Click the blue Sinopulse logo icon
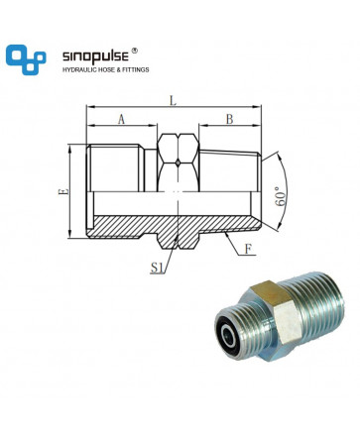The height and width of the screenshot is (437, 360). coord(26,59)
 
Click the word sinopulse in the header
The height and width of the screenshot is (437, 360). coord(95,56)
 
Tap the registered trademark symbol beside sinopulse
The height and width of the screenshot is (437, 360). coord(134,51)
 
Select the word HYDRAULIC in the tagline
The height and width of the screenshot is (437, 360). coord(77,69)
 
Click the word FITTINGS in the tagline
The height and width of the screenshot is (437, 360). coord(136,69)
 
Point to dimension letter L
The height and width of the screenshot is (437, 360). coord(173,101)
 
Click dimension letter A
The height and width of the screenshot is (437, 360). coord(121,119)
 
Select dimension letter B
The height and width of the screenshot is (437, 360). coord(229,119)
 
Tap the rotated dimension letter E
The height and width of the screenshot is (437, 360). coord(63,191)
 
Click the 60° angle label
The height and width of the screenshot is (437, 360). coord(280,196)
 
